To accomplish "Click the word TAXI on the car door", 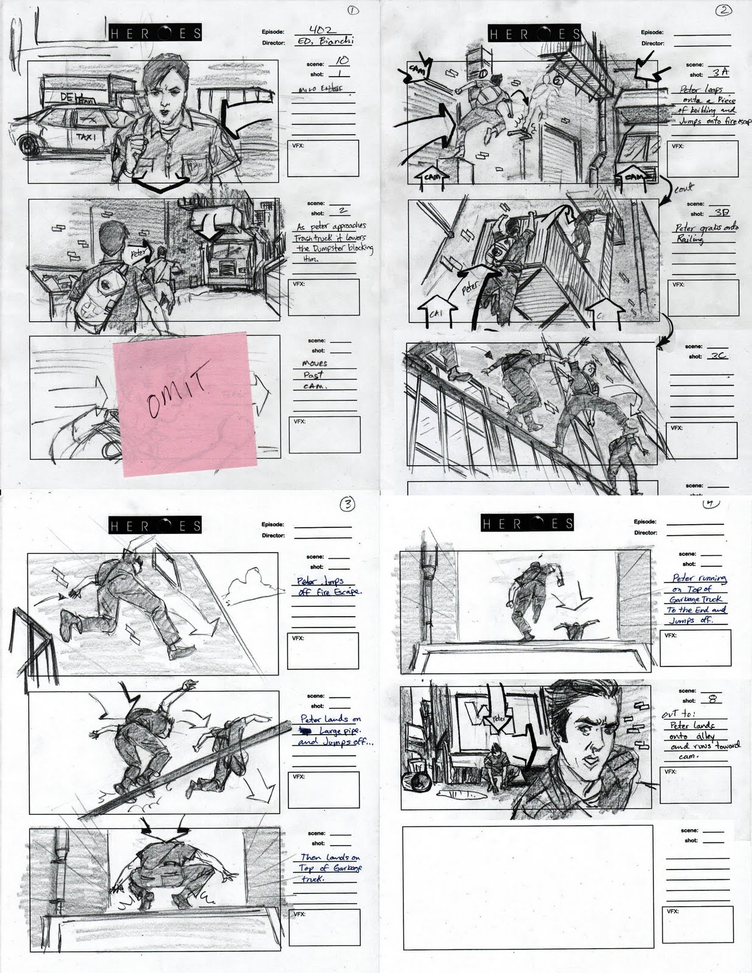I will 83,138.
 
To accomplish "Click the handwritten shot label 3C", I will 720,356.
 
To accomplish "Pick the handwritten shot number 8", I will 712,699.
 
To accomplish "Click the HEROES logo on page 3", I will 156,525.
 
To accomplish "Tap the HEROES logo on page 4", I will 527,523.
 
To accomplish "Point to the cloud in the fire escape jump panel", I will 246,583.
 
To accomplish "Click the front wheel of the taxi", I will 29,145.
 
